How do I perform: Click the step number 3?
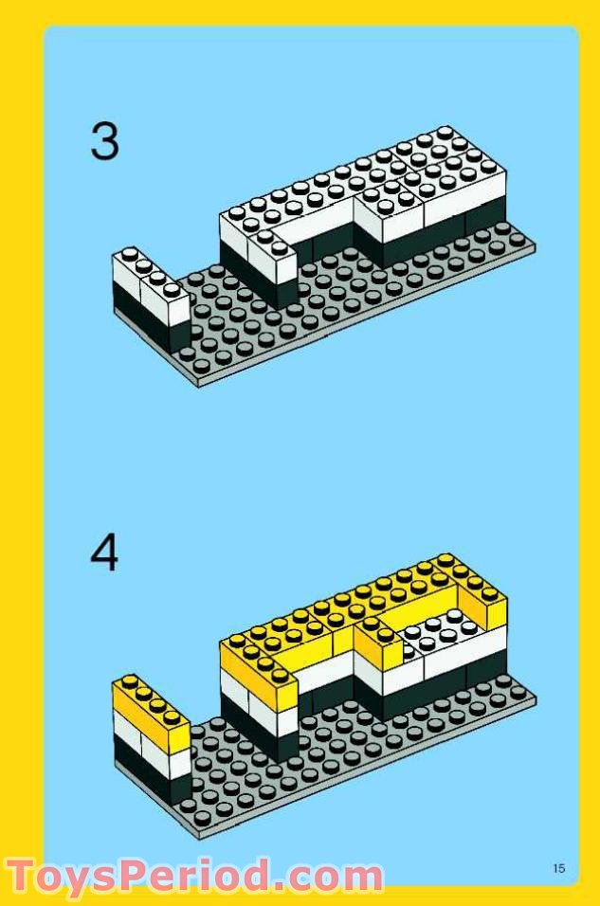click(105, 142)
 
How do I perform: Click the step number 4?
click(105, 553)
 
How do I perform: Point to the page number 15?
click(558, 867)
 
